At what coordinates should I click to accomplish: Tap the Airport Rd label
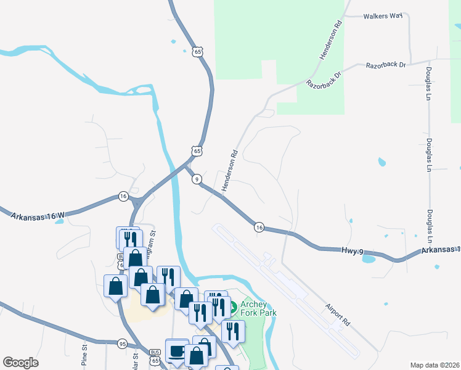click(338, 314)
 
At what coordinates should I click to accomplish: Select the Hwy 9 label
click(354, 250)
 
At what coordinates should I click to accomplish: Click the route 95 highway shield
click(122, 343)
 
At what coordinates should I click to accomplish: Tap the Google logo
click(20, 363)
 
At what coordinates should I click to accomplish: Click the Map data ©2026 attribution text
click(435, 365)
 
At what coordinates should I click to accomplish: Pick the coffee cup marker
click(177, 350)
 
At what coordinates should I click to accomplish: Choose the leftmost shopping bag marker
click(115, 286)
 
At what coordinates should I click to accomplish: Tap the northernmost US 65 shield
click(197, 52)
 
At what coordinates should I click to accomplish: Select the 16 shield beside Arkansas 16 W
click(123, 196)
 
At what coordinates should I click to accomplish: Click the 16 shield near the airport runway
click(259, 228)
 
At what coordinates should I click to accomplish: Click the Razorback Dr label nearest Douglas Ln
click(386, 64)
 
